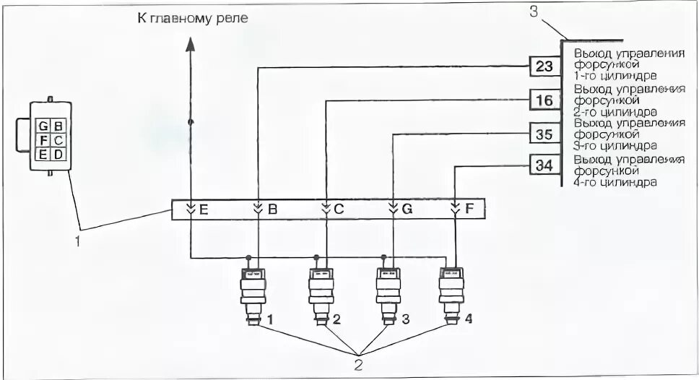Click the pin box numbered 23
[x=544, y=67]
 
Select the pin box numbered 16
[x=544, y=100]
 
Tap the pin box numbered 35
[x=544, y=134]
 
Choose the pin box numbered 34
[x=544, y=165]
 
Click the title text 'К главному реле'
[x=193, y=17]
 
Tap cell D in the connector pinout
[x=58, y=153]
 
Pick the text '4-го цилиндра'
[x=615, y=183]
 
